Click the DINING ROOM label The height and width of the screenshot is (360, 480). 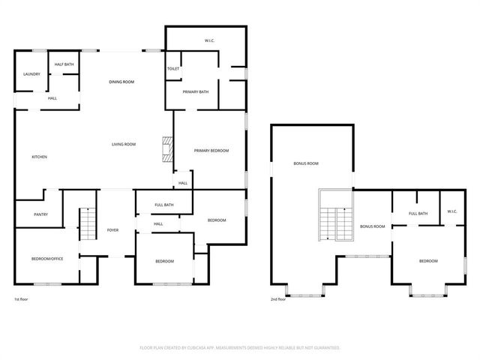[x=121, y=82]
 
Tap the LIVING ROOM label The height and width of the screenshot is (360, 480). [x=124, y=144]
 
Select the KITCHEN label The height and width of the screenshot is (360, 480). [x=39, y=157]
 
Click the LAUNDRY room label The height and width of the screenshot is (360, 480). [x=31, y=74]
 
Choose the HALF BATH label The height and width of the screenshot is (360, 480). [x=64, y=65]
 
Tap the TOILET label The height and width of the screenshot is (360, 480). [x=173, y=69]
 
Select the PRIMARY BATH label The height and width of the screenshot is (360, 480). [x=196, y=91]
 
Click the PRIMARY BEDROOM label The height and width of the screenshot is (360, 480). [x=211, y=151]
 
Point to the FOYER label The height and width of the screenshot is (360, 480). [x=113, y=230]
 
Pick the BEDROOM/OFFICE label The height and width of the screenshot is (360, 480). [x=46, y=259]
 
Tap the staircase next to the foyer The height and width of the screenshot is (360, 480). [x=88, y=224]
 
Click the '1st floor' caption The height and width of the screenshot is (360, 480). [x=22, y=299]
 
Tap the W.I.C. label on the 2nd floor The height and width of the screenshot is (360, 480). [x=452, y=211]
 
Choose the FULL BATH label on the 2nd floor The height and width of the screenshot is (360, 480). [x=418, y=214]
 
